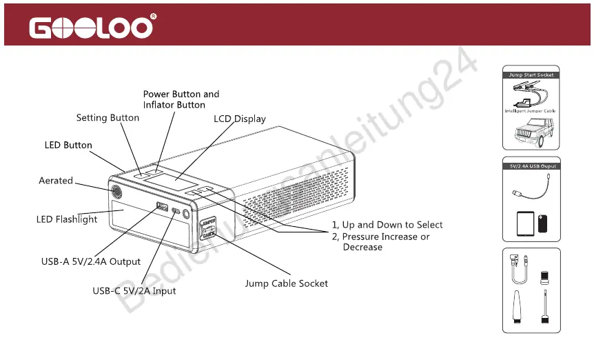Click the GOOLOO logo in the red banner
(x=91, y=28)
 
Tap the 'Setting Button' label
(x=107, y=118)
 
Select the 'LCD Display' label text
(x=240, y=119)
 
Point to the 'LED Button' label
(x=68, y=146)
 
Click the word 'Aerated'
(x=56, y=181)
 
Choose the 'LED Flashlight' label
(x=67, y=220)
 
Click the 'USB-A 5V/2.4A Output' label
(x=91, y=262)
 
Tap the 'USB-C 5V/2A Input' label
(x=134, y=291)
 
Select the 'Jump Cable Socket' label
(x=287, y=283)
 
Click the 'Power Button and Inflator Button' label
(x=181, y=99)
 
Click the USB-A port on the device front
(x=163, y=207)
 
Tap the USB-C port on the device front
(x=177, y=211)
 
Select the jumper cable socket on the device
(x=208, y=228)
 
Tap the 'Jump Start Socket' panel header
(x=531, y=74)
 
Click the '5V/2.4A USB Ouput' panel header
(x=531, y=166)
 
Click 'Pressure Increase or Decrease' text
(x=386, y=241)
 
